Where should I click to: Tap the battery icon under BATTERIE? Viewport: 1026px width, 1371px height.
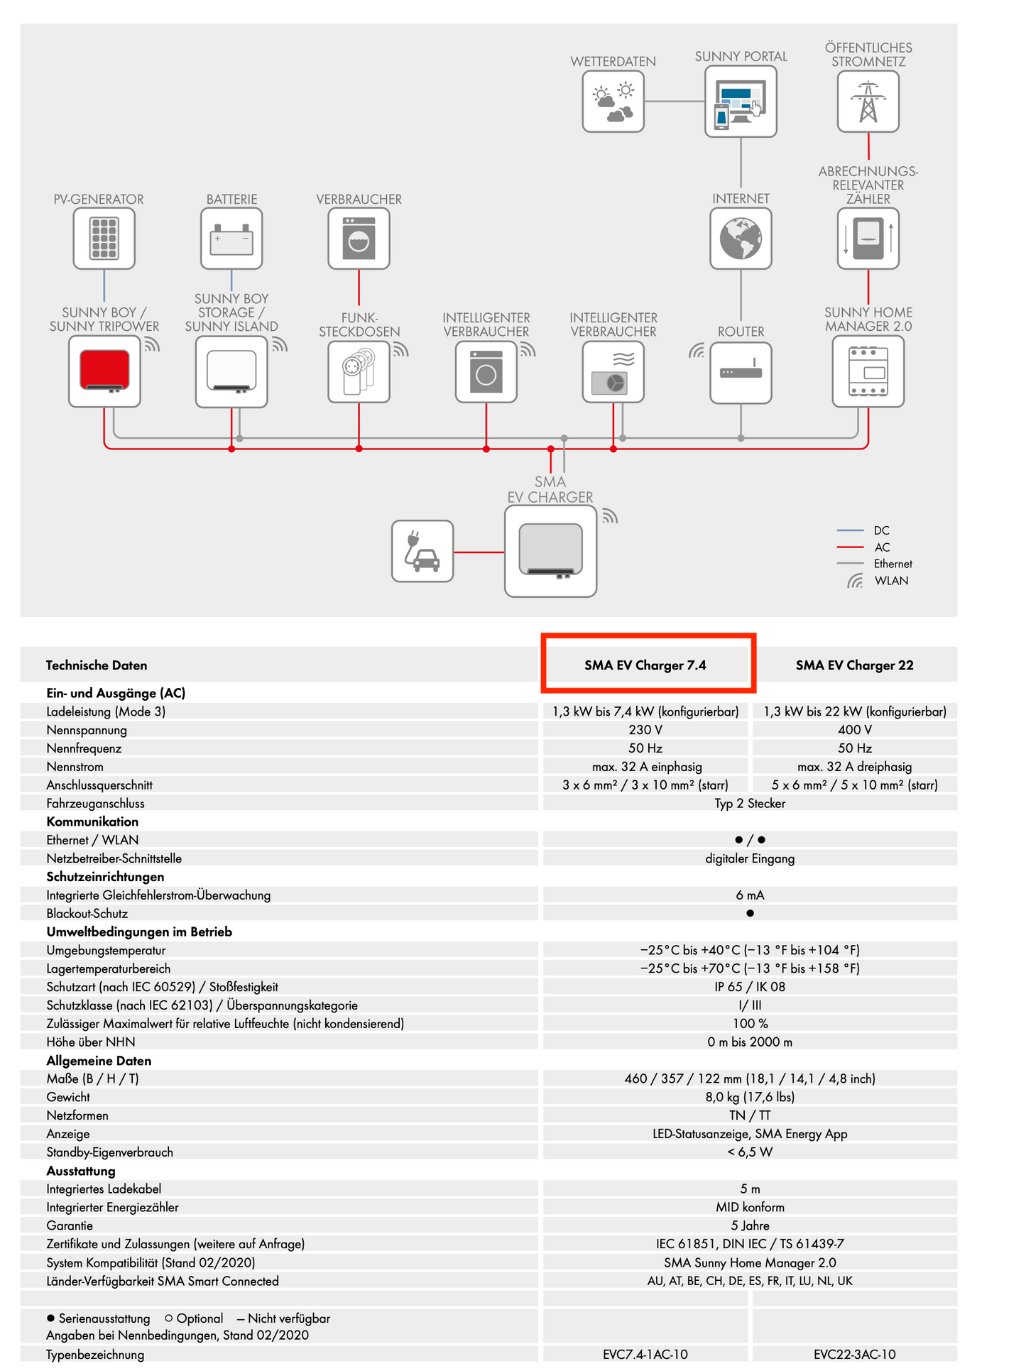click(231, 239)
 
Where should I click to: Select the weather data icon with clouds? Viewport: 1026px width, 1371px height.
click(613, 102)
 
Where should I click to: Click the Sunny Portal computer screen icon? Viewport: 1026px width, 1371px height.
click(741, 103)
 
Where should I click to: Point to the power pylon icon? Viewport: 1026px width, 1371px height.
click(868, 102)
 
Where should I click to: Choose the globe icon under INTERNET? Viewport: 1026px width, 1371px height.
click(741, 239)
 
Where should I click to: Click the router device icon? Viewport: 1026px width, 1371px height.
click(741, 372)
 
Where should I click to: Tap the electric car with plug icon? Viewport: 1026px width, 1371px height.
click(422, 551)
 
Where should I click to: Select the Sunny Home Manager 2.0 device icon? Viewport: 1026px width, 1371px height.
click(868, 371)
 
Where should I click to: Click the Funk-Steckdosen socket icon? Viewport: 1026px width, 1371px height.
click(359, 372)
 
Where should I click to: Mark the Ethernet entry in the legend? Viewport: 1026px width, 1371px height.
click(893, 564)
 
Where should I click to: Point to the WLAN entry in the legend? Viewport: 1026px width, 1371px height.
click(891, 581)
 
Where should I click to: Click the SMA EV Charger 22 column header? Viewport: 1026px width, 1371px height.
click(854, 665)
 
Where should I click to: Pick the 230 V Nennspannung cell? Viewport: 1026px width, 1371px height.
click(645, 730)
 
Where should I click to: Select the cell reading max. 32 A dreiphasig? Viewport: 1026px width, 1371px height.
click(854, 767)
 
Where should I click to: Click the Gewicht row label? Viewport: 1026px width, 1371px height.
click(68, 1097)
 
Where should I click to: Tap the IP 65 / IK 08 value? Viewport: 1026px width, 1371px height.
click(750, 987)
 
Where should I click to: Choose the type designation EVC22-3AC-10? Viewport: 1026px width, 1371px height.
click(854, 1355)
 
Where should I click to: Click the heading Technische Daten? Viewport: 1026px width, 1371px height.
click(97, 665)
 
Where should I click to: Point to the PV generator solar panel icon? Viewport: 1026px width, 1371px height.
click(104, 239)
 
